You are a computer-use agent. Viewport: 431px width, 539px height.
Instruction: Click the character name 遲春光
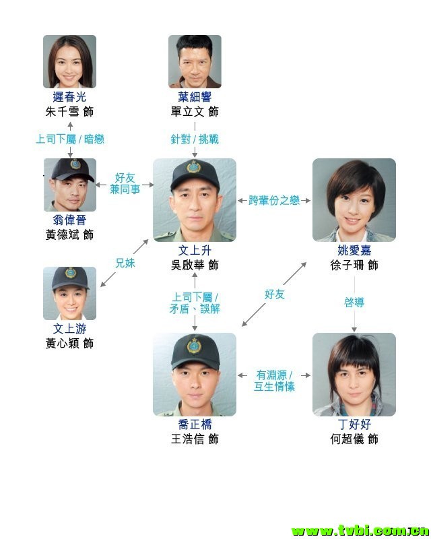tap(69, 97)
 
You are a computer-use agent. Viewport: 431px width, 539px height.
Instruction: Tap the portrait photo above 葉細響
tap(195, 61)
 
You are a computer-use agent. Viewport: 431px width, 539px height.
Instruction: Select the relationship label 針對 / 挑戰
tap(195, 139)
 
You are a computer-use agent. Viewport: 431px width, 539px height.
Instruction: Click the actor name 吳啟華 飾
tap(195, 265)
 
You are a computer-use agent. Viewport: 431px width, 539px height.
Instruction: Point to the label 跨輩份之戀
tap(274, 200)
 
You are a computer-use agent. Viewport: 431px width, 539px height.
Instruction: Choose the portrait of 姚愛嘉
tap(354, 199)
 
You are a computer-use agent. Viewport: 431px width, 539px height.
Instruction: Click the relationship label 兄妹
tap(125, 263)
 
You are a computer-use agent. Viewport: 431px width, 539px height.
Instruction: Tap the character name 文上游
tap(69, 329)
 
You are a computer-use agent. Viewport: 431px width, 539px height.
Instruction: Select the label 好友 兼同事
tap(125, 183)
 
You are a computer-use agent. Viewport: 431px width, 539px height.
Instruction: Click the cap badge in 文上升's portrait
tap(194, 166)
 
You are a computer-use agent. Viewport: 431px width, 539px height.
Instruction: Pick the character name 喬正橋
tap(195, 424)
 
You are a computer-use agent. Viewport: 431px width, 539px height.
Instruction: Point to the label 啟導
tap(354, 303)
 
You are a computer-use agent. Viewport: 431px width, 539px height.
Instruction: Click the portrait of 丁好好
tap(354, 375)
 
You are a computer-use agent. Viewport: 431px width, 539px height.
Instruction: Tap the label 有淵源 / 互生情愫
tap(274, 381)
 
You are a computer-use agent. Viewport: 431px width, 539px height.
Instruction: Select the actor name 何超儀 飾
tap(354, 439)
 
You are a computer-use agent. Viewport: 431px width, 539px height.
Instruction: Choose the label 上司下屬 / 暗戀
tap(70, 139)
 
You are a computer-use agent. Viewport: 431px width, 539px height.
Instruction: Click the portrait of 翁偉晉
tap(70, 185)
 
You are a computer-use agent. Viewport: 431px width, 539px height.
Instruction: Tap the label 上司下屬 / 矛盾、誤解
tap(195, 303)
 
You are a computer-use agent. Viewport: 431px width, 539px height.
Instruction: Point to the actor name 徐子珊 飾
tap(354, 265)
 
